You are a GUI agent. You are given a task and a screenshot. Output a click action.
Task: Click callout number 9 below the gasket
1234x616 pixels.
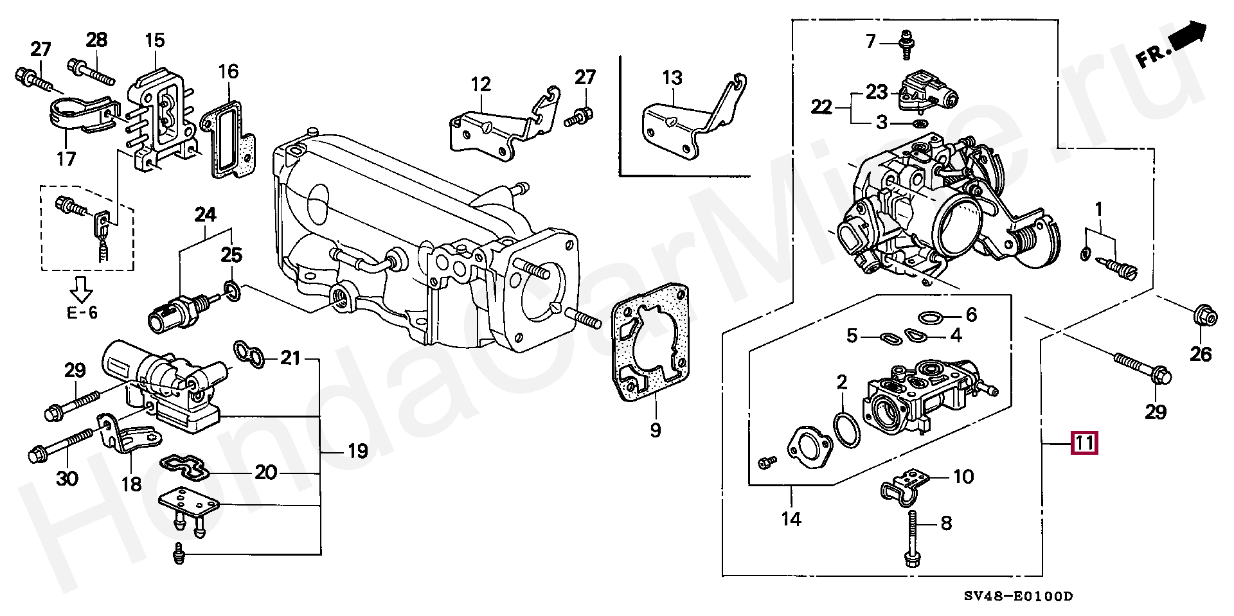pos(655,429)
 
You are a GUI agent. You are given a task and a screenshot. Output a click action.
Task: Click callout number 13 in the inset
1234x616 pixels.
pos(672,78)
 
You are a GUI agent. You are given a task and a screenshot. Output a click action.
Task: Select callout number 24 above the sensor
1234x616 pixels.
pos(205,215)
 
